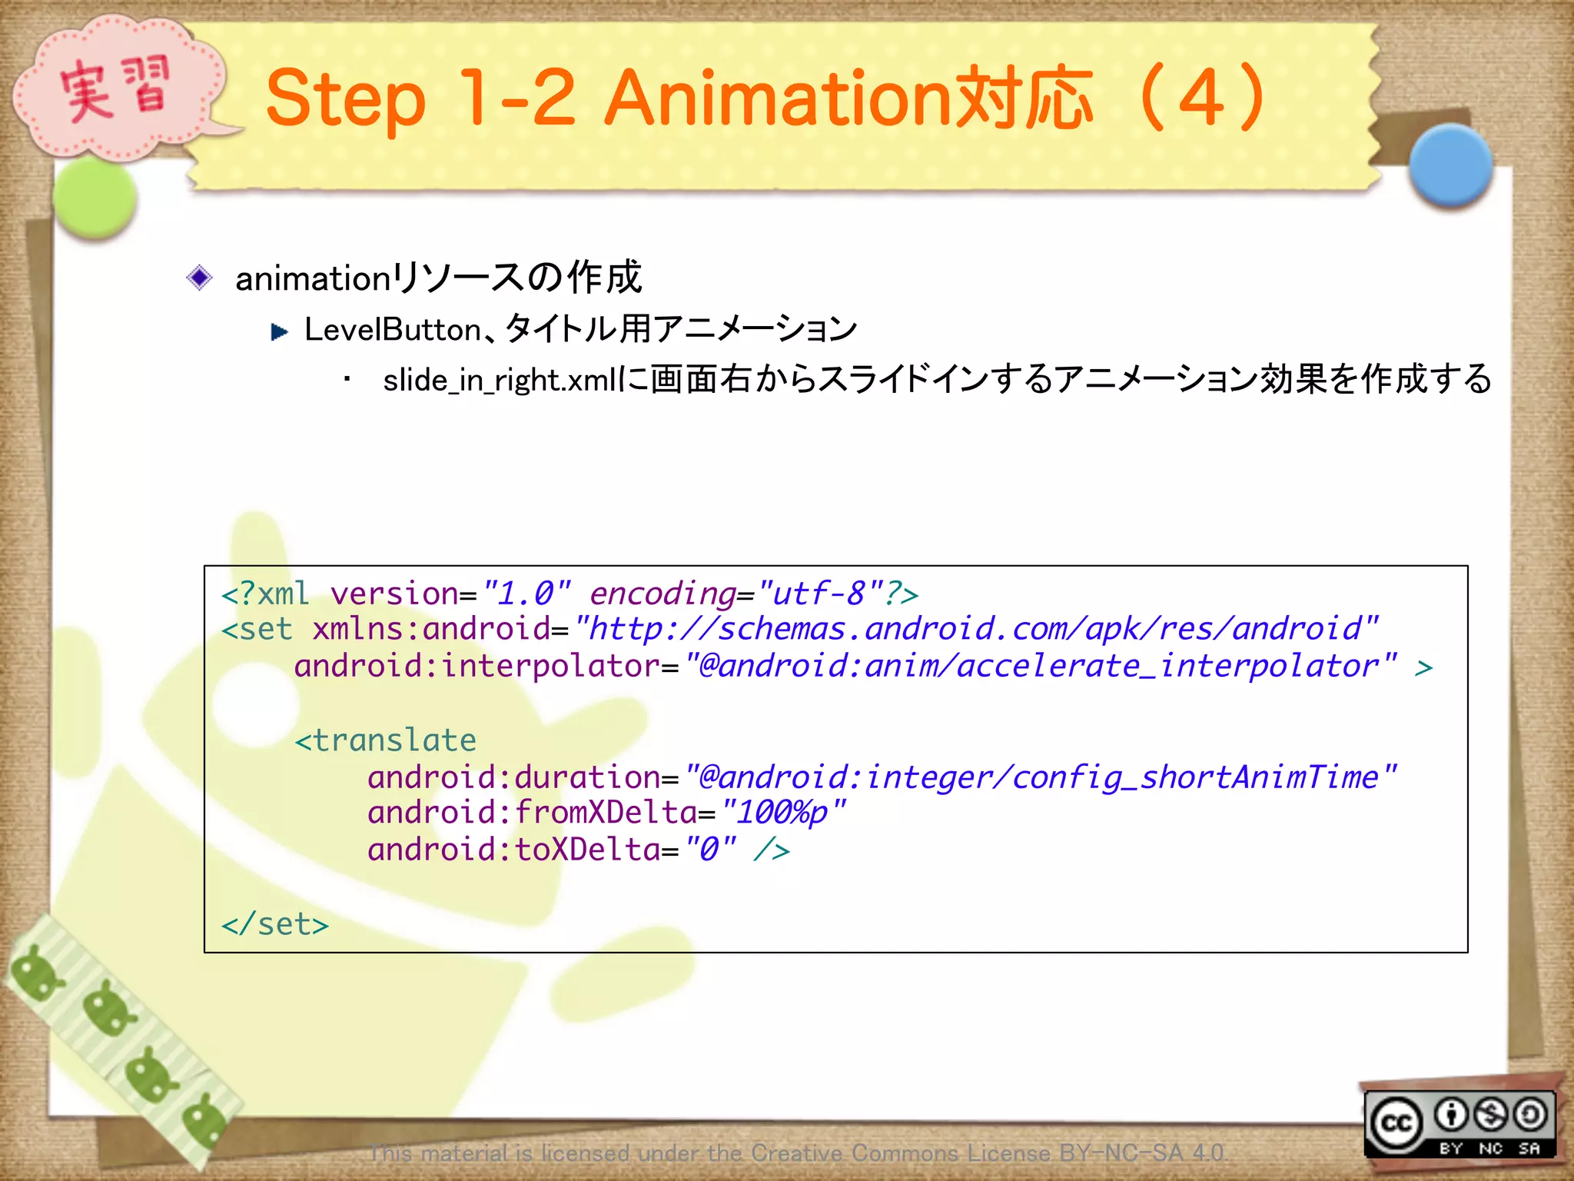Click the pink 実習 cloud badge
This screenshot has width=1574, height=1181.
[115, 88]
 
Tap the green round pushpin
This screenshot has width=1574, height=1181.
[95, 198]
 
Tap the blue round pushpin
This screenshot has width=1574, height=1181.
[1451, 165]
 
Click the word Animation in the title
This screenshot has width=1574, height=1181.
[776, 98]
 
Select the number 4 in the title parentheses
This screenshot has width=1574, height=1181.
[1200, 98]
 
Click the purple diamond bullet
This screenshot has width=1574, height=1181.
[200, 278]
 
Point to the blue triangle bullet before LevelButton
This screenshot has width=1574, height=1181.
[279, 332]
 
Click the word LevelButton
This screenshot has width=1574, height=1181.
[393, 330]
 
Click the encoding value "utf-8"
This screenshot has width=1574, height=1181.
[820, 594]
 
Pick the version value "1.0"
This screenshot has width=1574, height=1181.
[526, 594]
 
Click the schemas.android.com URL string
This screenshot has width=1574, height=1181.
[976, 630]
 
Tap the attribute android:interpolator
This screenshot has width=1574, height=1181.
[477, 667]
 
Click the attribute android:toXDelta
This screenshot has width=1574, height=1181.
[513, 850]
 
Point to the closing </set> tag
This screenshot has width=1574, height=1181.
[274, 924]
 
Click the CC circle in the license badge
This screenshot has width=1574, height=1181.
[1396, 1124]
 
